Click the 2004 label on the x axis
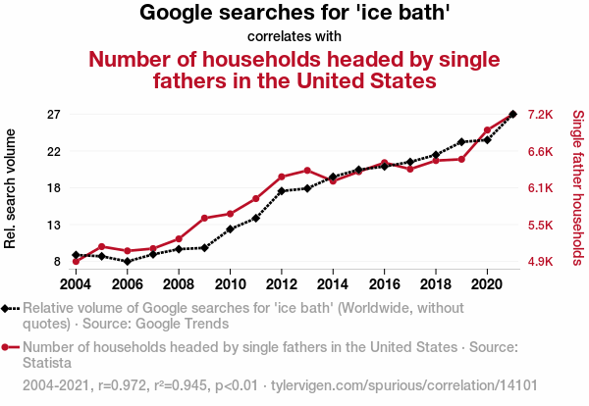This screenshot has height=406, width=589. (x=76, y=284)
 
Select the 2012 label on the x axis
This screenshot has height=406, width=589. (x=281, y=284)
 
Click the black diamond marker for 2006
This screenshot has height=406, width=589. (x=128, y=262)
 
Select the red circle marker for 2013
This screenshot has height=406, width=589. (x=307, y=171)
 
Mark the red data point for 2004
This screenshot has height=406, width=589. (x=77, y=262)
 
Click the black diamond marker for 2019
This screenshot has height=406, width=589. (x=461, y=142)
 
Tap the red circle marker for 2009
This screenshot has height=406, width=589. (x=204, y=218)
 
